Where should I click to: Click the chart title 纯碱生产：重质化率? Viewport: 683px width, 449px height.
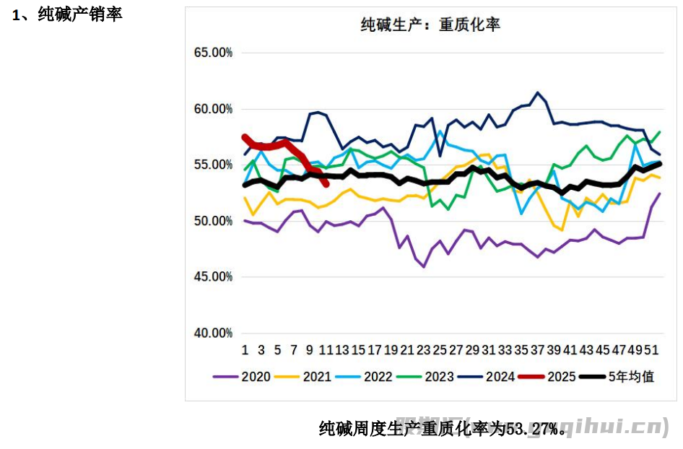pos(430,25)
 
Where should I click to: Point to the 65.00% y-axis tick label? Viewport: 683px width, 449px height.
pos(213,53)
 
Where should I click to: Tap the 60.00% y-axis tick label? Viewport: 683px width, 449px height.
pos(213,109)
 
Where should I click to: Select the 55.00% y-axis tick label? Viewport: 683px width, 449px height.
pos(213,165)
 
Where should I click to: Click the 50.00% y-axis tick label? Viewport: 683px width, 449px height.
pos(213,221)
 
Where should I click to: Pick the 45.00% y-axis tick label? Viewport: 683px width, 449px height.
pos(213,276)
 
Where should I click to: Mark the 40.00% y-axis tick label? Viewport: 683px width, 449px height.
pos(213,333)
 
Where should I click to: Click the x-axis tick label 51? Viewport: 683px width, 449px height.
pos(650,350)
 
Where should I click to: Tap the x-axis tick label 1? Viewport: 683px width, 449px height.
pos(245,350)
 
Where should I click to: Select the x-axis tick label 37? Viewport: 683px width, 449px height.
pos(536,350)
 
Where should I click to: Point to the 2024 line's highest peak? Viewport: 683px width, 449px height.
pos(536,92)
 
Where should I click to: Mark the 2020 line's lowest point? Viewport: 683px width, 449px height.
pos(424,266)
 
